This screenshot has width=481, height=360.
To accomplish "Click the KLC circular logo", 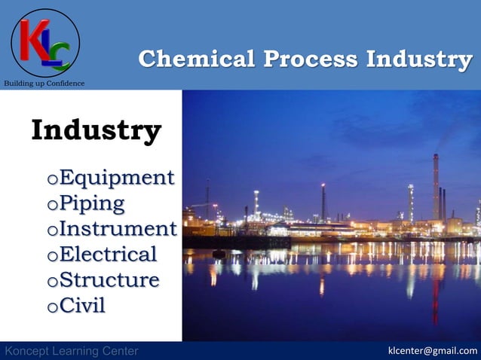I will tap(45, 43).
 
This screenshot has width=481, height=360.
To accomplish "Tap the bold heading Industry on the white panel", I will tap(96, 130).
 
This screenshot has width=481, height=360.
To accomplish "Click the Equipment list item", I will tap(116, 178).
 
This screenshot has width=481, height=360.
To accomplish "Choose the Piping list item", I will tap(92, 203).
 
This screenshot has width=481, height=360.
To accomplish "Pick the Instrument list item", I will tap(118, 228).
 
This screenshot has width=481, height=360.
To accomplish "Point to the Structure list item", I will tap(109, 279).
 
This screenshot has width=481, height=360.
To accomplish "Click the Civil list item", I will tap(82, 305).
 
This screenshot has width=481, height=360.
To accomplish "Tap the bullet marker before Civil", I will tap(51, 307).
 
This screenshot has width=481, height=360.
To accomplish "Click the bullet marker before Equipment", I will tap(51, 180).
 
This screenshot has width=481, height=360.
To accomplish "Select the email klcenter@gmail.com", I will tap(432, 351).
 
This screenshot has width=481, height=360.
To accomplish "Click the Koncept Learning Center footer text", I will tap(72, 351).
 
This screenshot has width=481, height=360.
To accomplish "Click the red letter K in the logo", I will tap(32, 39).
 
